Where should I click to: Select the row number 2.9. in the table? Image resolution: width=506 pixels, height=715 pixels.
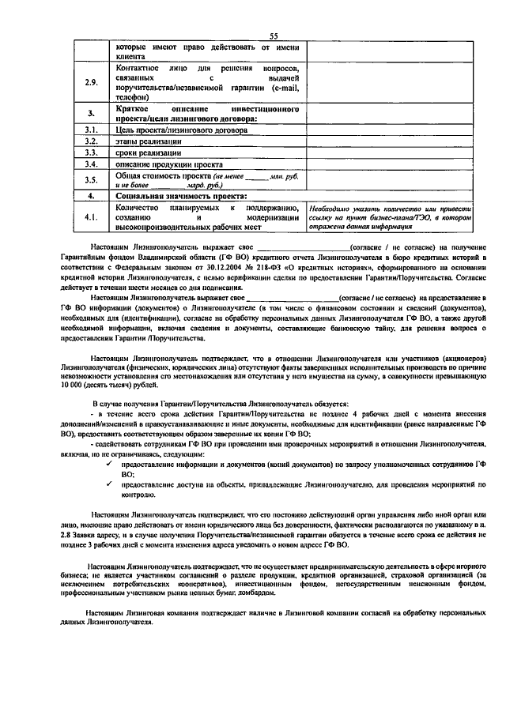tap(92, 82)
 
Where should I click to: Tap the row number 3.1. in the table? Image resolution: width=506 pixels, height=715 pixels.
tap(92, 130)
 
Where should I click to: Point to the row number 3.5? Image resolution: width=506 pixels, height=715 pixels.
tap(92, 179)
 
